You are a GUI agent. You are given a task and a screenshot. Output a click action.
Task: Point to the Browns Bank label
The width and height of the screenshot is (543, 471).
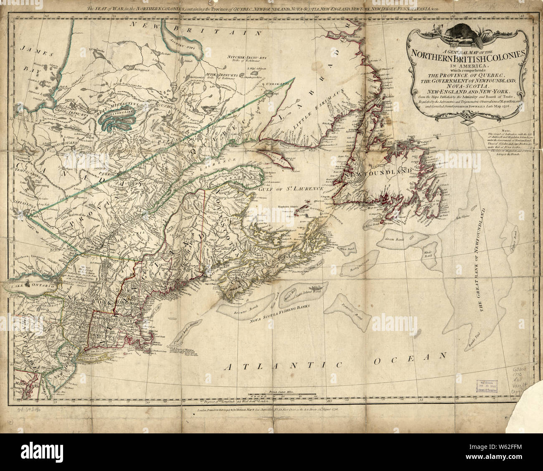click(x=238, y=311)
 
